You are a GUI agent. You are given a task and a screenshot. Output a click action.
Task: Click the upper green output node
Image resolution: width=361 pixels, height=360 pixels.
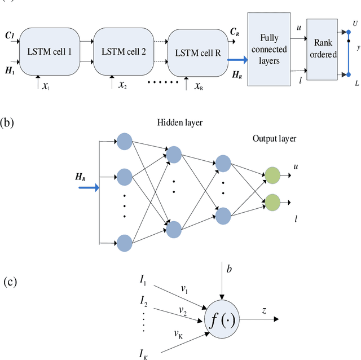[x=272, y=175]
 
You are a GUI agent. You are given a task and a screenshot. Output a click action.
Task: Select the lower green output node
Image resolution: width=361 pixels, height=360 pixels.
[x=272, y=201]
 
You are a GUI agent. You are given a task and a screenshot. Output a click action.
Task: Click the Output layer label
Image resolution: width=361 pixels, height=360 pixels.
[x=273, y=138]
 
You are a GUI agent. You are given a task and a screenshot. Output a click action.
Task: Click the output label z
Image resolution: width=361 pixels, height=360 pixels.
[x=264, y=310]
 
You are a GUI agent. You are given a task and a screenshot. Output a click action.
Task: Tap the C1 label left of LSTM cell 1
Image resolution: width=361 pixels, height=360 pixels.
[x=9, y=35]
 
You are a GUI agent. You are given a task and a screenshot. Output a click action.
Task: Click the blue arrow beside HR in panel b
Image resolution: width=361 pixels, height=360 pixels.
[x=89, y=187]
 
